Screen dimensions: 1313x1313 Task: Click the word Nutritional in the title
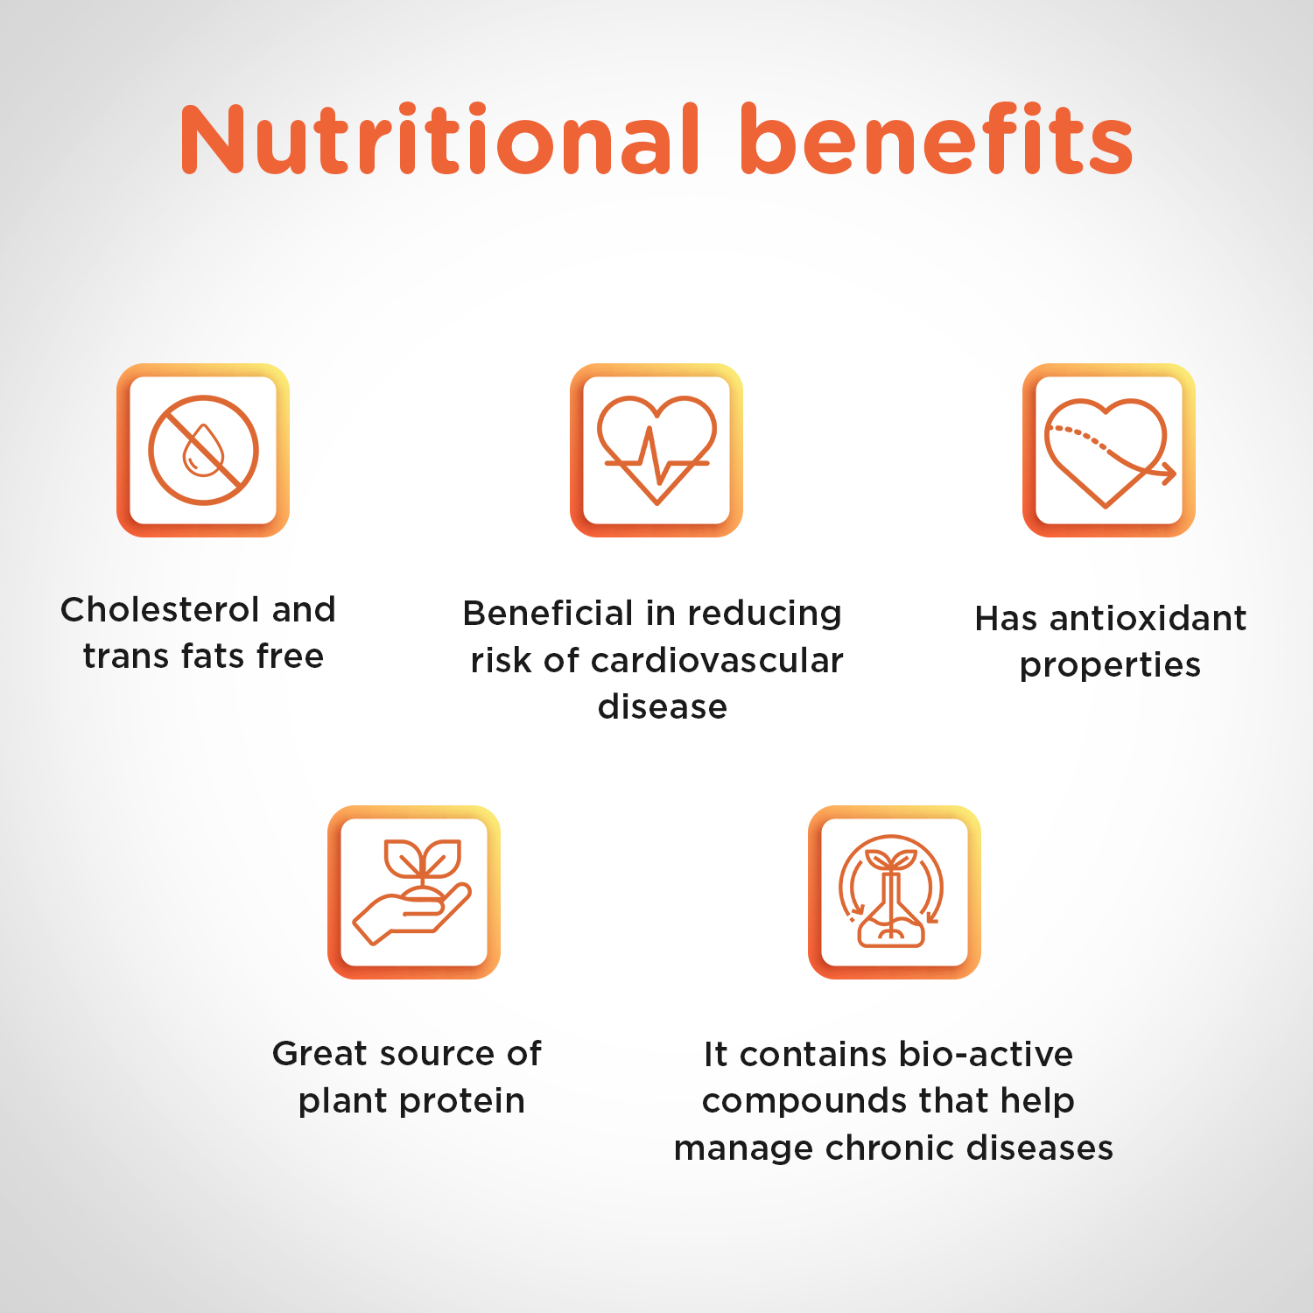tap(440, 139)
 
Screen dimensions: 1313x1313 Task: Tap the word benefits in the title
tap(937, 139)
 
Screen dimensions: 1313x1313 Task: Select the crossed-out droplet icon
tap(203, 450)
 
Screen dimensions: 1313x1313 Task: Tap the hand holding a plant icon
tap(413, 892)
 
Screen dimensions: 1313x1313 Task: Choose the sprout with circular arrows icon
tap(891, 891)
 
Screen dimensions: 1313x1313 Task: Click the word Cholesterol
tap(161, 609)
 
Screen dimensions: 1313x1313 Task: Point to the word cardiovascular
tap(717, 661)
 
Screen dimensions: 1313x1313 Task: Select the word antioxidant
tap(1148, 618)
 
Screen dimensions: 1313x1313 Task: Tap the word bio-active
tap(986, 1054)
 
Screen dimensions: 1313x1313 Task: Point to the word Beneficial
tap(548, 613)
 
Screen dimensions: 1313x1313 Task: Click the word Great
tap(318, 1053)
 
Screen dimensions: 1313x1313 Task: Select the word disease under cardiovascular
tap(663, 706)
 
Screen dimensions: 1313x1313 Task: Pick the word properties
tap(1110, 666)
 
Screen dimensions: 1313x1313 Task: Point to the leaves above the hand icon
tap(424, 858)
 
